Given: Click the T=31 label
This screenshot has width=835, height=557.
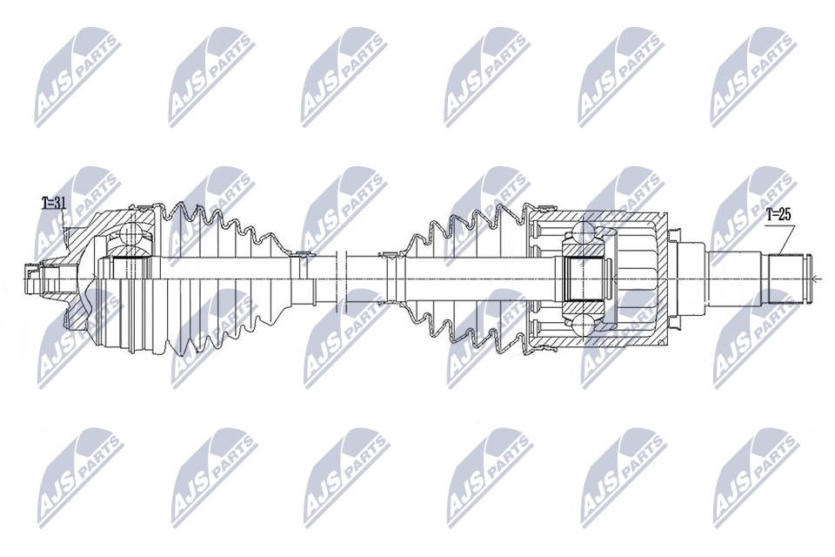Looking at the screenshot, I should tap(54, 203).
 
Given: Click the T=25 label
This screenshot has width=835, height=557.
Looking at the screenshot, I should tap(778, 215).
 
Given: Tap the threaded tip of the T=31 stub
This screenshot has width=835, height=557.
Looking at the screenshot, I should tap(33, 278).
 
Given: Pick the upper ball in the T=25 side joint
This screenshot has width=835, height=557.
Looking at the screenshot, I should tap(583, 232).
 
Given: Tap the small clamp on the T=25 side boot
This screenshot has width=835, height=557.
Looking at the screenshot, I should tap(389, 255).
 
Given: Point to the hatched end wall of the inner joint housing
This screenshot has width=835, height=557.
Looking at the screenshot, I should tap(666, 278).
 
